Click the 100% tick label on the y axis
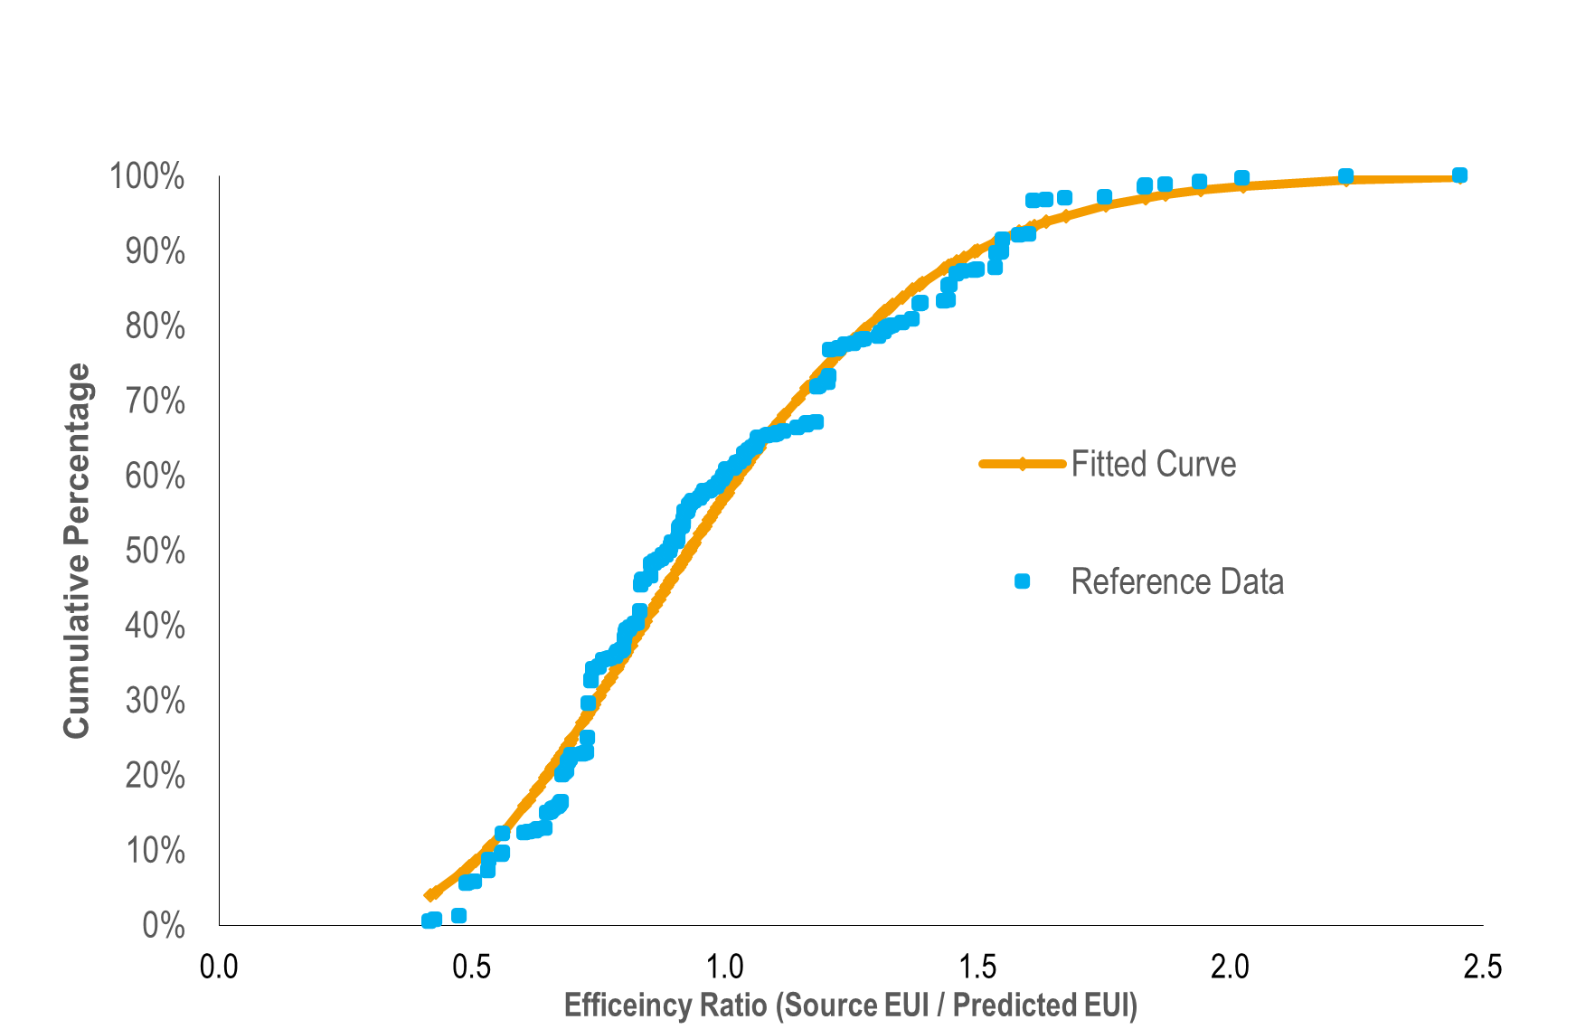pyautogui.click(x=146, y=176)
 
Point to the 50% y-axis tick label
pyautogui.click(x=155, y=551)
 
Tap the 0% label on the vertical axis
pyautogui.click(x=164, y=925)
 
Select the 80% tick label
pyautogui.click(x=155, y=326)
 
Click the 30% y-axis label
pyautogui.click(x=155, y=701)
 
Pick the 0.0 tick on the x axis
pyautogui.click(x=219, y=967)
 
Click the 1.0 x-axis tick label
pyautogui.click(x=724, y=967)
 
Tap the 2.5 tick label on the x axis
pyautogui.click(x=1482, y=967)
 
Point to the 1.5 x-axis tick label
pyautogui.click(x=977, y=967)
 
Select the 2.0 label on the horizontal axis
pyautogui.click(x=1230, y=967)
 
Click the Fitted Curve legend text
pyautogui.click(x=1153, y=464)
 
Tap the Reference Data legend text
pyautogui.click(x=1176, y=581)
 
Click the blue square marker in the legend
pyautogui.click(x=1022, y=581)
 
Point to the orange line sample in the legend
pyautogui.click(x=1023, y=464)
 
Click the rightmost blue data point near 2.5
pyautogui.click(x=1459, y=175)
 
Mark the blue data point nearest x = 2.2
pyautogui.click(x=1345, y=176)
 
